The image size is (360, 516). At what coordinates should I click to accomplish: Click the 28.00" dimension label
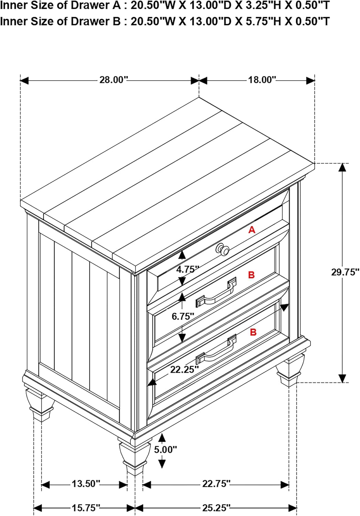(x=113, y=80)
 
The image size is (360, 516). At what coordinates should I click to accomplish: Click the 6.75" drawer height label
(x=183, y=316)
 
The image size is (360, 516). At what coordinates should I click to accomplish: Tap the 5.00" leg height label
(x=165, y=449)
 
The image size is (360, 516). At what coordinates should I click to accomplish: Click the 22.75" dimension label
(x=216, y=484)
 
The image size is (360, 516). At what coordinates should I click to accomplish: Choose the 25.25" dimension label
(x=216, y=507)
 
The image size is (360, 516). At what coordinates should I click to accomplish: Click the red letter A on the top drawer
(x=252, y=230)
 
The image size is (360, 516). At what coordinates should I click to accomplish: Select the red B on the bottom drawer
(x=253, y=332)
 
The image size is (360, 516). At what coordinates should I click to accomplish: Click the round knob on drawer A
(x=222, y=249)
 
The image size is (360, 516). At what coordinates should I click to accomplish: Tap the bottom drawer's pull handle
(x=216, y=350)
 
